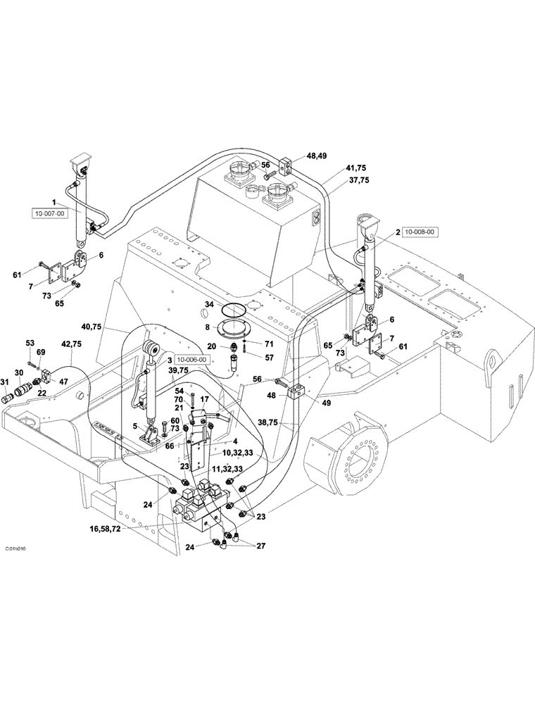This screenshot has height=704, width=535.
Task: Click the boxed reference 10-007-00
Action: (x=50, y=212)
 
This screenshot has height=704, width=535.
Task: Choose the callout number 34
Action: (x=209, y=304)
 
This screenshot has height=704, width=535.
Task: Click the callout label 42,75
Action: (x=71, y=344)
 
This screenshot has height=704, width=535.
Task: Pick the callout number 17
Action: (x=205, y=398)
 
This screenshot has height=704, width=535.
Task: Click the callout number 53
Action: (x=30, y=342)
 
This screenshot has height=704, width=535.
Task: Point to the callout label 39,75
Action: (x=177, y=370)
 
